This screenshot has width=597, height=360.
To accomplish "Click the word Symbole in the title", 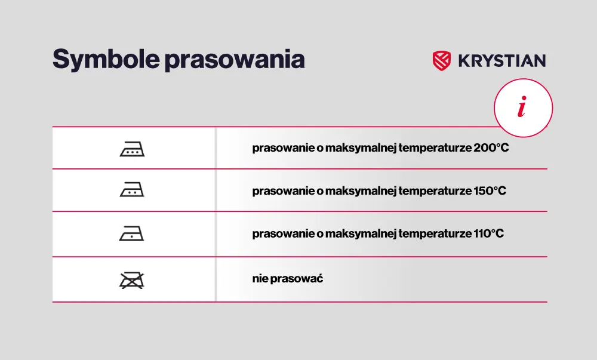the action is click(x=106, y=60).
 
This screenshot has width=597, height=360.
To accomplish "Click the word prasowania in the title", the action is click(x=235, y=60).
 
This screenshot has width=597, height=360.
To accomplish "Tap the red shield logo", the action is click(x=442, y=61).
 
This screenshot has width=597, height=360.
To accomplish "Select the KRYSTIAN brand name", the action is click(x=502, y=61).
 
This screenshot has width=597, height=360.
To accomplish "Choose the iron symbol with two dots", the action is click(x=132, y=189).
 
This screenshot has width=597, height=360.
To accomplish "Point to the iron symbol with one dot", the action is click(x=132, y=233).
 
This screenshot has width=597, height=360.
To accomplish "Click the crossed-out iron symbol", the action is click(x=132, y=281).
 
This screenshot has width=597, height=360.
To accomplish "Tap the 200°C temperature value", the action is click(x=491, y=147).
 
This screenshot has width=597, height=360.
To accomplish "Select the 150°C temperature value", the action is click(x=490, y=190).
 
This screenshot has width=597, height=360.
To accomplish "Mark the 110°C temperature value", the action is click(x=489, y=233).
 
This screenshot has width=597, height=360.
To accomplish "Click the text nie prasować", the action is click(x=288, y=279).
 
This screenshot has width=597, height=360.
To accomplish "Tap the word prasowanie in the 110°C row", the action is click(x=283, y=233).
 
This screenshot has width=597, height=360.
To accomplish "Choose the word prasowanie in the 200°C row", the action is click(x=283, y=148).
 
